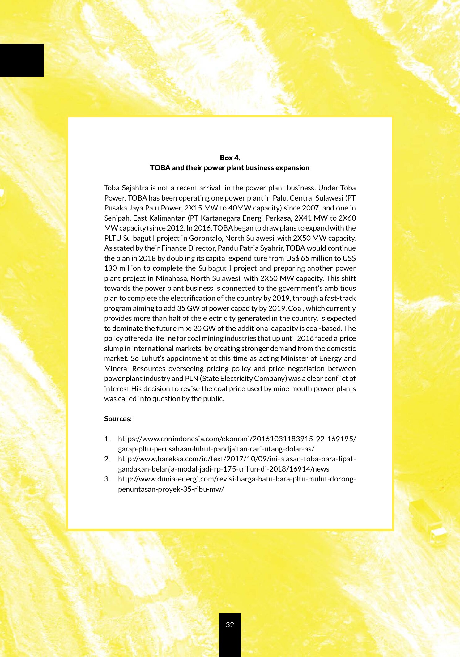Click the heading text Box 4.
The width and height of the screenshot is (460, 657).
[x=230, y=158]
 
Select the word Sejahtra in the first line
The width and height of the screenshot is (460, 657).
[x=135, y=188]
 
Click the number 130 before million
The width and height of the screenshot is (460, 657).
[x=110, y=268]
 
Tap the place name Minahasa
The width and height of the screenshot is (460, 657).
[x=172, y=278]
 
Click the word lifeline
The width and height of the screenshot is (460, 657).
[x=164, y=339]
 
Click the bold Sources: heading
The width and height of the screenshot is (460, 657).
[x=118, y=419]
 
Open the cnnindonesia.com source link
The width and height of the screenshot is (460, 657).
[x=237, y=439]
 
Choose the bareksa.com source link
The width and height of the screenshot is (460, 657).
[x=237, y=459]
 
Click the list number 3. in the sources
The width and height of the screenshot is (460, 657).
[x=107, y=479]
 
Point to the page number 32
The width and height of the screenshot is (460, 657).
[x=230, y=625]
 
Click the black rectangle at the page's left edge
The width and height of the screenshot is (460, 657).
[x=22, y=60]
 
